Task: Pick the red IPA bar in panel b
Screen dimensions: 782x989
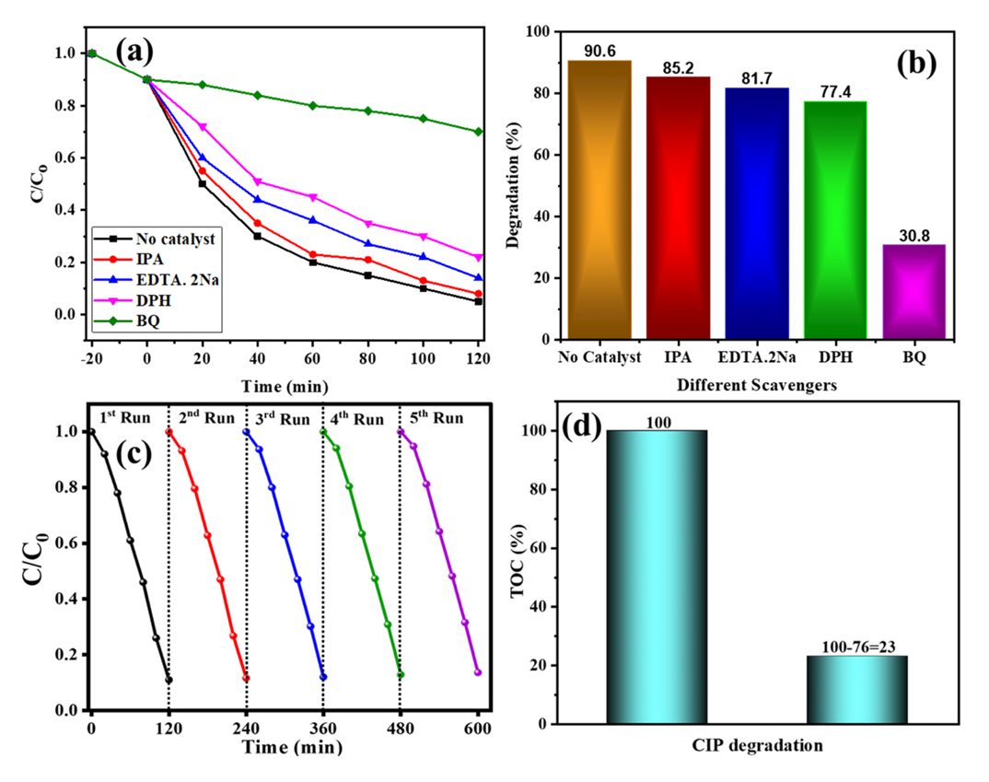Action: click(x=678, y=208)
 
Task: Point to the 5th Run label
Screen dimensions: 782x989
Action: click(x=436, y=418)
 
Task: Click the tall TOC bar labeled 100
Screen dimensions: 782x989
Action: click(x=657, y=577)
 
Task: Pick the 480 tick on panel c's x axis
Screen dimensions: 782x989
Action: click(x=400, y=728)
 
